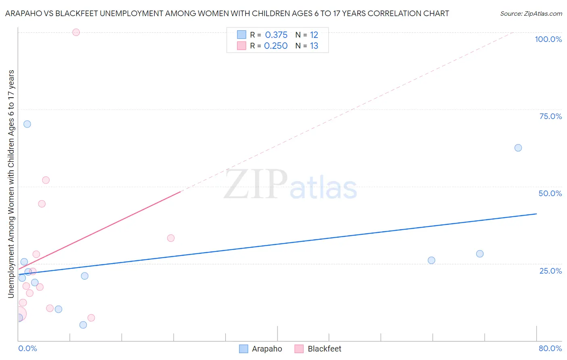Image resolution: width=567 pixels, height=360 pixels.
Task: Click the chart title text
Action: coord(227,13)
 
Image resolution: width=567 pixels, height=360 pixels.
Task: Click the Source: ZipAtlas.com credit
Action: coord(531,13)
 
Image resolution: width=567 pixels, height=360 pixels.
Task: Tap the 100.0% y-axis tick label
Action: coord(548,39)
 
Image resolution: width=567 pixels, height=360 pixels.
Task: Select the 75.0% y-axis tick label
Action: coord(550,116)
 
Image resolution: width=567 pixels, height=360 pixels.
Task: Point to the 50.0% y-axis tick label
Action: coord(550,193)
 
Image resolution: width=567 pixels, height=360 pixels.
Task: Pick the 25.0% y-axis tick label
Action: coord(550,271)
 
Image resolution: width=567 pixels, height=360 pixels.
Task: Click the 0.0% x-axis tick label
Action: coord(27,348)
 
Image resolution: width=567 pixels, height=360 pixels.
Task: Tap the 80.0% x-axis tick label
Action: coord(550,348)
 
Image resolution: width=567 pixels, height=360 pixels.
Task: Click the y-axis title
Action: coord(11,184)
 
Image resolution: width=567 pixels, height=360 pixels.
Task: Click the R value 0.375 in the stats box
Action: coord(276,35)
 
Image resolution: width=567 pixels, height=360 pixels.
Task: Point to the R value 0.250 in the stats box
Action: coord(276,46)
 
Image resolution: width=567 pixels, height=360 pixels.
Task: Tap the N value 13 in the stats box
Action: coord(314,46)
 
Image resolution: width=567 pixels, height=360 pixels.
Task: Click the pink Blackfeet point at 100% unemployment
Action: coord(76,32)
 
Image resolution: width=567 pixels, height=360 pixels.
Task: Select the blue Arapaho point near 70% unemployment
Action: coord(27,124)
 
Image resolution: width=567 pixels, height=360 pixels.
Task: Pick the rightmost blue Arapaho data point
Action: coord(518,148)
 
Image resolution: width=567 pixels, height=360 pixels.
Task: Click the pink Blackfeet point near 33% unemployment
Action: coord(171,238)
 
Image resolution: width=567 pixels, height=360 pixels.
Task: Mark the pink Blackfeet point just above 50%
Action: coord(46,180)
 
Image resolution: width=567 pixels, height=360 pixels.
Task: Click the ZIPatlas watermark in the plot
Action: coord(290,185)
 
